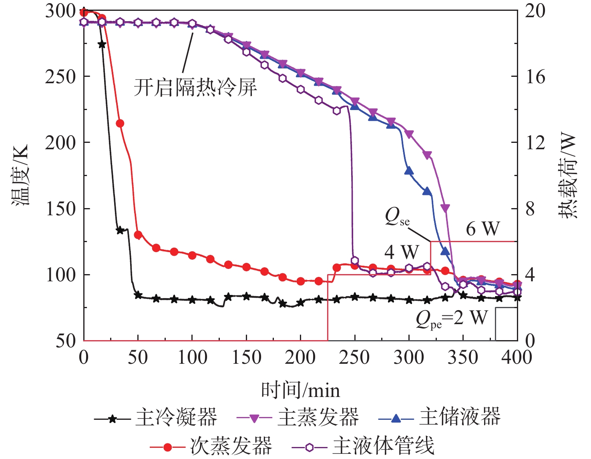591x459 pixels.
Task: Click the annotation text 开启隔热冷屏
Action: click(x=195, y=87)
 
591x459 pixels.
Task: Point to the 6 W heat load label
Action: click(x=483, y=229)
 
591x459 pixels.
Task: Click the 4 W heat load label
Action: click(x=401, y=252)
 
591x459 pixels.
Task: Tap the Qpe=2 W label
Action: click(x=452, y=319)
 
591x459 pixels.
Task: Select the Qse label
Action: click(x=397, y=217)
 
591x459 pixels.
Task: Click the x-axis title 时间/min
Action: click(x=300, y=390)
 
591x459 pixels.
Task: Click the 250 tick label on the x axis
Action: click(x=355, y=357)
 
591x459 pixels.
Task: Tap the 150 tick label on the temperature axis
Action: click(x=60, y=208)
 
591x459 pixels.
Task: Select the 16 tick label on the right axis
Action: click(x=535, y=76)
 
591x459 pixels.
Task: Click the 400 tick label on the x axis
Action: click(x=517, y=357)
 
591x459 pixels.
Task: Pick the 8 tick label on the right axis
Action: click(x=530, y=208)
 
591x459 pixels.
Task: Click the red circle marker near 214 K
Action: click(x=120, y=123)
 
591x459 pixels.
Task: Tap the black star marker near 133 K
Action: click(x=120, y=231)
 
